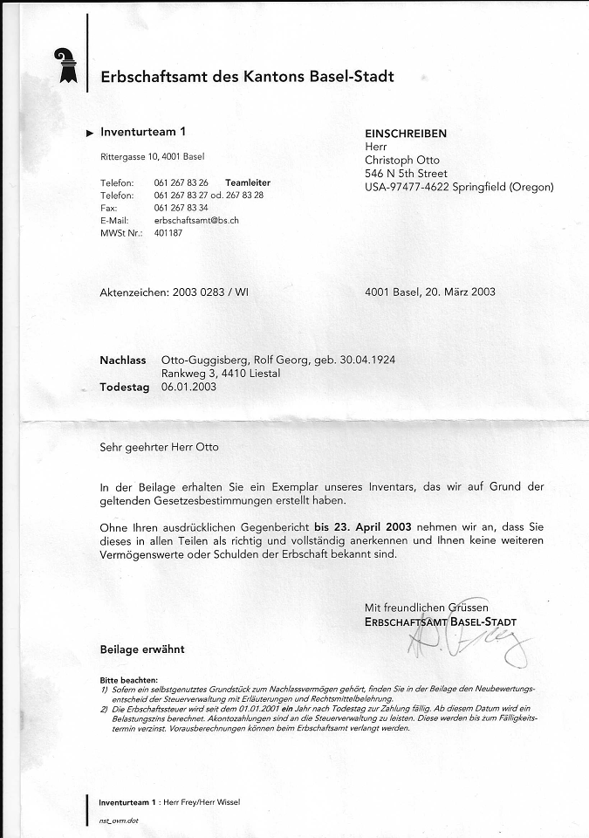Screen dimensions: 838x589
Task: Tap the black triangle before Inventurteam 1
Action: click(90, 134)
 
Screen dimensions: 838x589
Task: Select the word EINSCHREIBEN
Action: click(406, 134)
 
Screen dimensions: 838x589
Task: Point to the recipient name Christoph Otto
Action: click(402, 161)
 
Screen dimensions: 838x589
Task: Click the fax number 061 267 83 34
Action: click(181, 208)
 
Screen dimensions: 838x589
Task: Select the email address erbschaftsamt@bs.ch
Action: click(196, 221)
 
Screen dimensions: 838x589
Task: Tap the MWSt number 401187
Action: click(168, 233)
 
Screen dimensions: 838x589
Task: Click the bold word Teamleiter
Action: click(248, 182)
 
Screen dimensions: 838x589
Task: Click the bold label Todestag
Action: click(124, 386)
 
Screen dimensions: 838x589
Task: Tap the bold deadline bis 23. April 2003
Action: click(364, 527)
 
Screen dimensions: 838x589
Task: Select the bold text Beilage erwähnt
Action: click(142, 649)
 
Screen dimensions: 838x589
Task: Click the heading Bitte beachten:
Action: click(129, 679)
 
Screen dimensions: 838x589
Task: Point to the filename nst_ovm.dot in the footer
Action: click(119, 821)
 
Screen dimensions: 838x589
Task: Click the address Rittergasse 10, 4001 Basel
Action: click(153, 157)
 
